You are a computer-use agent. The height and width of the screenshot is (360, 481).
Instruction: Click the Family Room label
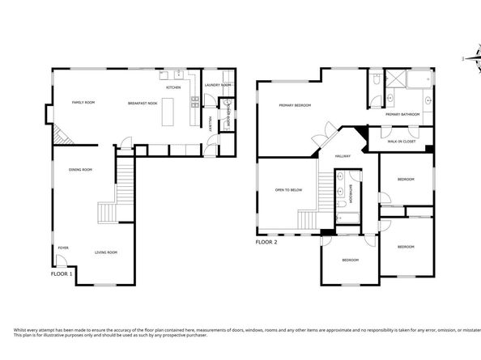coord(84,103)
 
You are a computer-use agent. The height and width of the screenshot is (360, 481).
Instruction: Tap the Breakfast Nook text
coord(142,103)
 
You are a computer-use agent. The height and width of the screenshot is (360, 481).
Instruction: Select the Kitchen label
coord(173,87)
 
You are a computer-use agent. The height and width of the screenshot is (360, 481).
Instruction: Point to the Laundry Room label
coord(219,85)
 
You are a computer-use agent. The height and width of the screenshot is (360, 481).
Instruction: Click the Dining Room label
coord(80,169)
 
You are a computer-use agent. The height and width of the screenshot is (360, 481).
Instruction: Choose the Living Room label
coord(105,252)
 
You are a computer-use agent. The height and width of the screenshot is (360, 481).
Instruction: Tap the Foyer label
coord(62,247)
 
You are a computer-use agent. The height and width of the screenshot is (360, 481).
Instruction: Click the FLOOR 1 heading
coord(62,273)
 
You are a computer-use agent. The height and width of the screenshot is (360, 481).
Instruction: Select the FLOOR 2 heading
coord(267,241)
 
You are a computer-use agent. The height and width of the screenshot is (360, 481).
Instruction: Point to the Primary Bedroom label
coord(296,105)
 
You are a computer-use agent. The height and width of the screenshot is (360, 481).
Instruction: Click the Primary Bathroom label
coord(402,114)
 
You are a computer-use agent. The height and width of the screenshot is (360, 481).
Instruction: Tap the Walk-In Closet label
coord(401,141)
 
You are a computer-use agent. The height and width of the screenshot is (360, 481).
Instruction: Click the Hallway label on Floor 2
coord(343,155)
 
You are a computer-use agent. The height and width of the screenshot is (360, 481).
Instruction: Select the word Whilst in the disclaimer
coord(21,329)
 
